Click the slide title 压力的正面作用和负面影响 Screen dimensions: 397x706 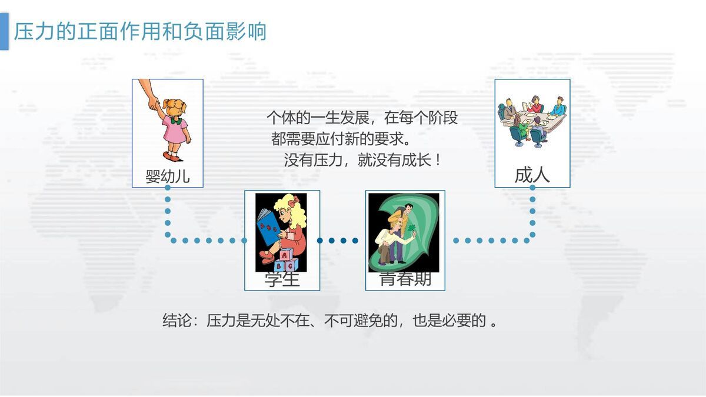pyautogui.click(x=140, y=31)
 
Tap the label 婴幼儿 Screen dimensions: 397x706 pyautogui.click(x=168, y=176)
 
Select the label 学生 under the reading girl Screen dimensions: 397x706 pyautogui.click(x=282, y=279)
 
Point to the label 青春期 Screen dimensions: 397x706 pyautogui.click(x=405, y=279)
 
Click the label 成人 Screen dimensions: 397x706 pyautogui.click(x=532, y=175)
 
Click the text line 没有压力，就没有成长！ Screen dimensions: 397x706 pyautogui.click(x=362, y=161)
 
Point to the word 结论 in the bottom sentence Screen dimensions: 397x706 pyautogui.click(x=176, y=321)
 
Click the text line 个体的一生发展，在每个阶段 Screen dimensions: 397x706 pyautogui.click(x=362, y=118)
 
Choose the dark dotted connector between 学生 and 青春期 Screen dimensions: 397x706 pyautogui.click(x=338, y=240)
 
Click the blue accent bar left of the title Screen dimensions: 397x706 pyautogui.click(x=4, y=31)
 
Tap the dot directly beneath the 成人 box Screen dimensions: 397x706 pyautogui.click(x=532, y=188)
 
